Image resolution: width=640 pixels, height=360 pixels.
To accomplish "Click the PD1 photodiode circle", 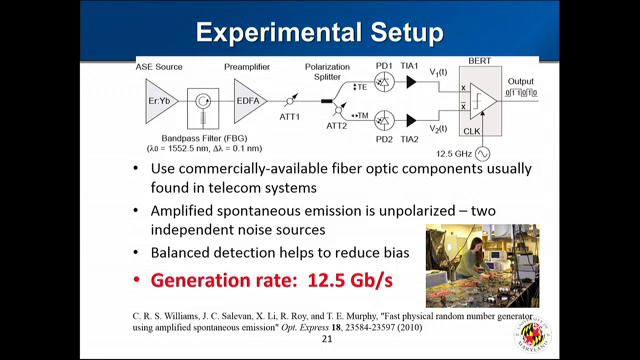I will point(384,84).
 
